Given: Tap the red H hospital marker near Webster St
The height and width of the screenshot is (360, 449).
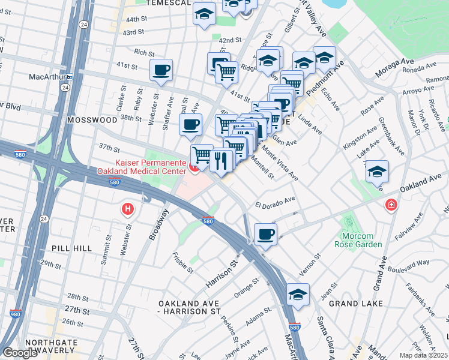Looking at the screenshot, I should (127, 209).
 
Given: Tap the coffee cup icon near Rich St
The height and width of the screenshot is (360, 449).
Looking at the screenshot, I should (161, 70).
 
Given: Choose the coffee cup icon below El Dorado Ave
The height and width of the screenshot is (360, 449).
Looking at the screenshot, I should (265, 235).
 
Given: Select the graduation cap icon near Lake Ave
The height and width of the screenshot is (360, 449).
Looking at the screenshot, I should (376, 172).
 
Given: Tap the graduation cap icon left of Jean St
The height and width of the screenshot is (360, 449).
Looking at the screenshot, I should (297, 295).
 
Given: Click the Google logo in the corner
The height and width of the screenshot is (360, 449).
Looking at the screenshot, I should (20, 353).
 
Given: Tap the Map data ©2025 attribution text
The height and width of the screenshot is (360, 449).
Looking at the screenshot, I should (423, 355).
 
